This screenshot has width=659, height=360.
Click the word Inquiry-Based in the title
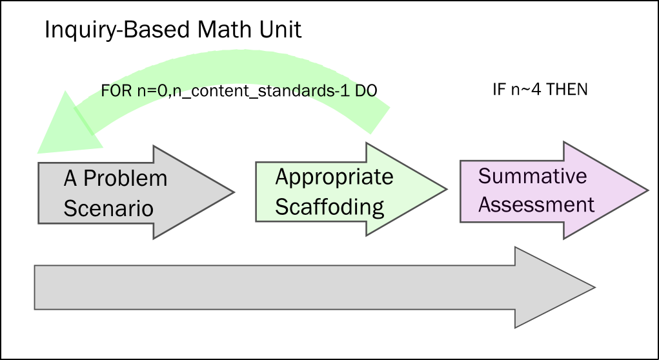click(x=113, y=30)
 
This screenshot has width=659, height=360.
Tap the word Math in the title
click(x=217, y=30)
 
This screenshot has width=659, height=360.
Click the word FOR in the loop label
click(x=115, y=90)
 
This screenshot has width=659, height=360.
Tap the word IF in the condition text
click(x=498, y=90)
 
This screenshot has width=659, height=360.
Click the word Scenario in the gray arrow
click(x=108, y=208)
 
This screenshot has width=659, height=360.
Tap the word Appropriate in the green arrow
click(x=334, y=177)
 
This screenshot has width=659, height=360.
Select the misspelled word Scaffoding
click(x=330, y=207)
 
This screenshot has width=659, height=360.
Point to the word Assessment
click(x=536, y=205)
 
